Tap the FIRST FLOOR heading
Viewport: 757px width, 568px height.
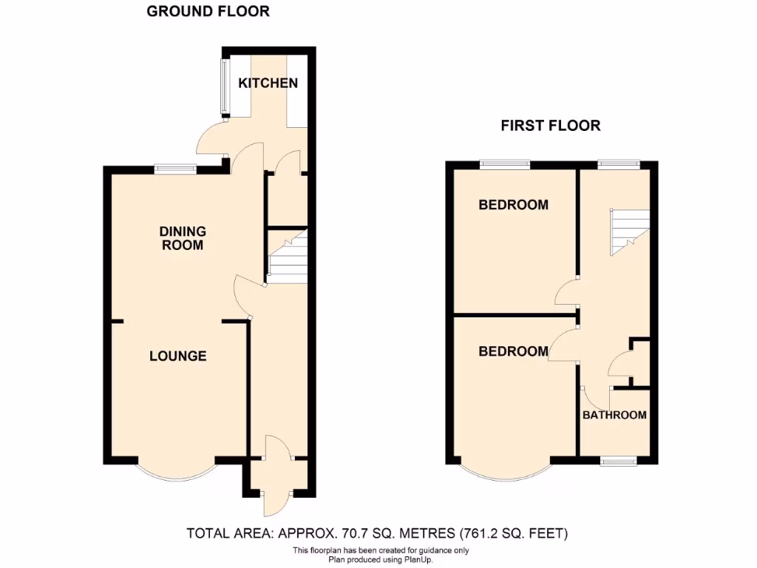[551, 126]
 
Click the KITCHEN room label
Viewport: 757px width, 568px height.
[268, 83]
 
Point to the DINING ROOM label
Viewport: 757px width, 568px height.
[182, 238]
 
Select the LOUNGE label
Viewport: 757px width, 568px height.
[177, 356]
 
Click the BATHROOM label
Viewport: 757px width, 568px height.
[614, 415]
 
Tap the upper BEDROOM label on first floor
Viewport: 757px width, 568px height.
[514, 205]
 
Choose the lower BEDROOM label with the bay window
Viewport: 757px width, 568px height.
[514, 351]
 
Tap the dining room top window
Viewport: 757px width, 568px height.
[175, 169]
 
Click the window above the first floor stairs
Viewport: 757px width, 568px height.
[618, 163]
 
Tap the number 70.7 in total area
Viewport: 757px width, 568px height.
[357, 532]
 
